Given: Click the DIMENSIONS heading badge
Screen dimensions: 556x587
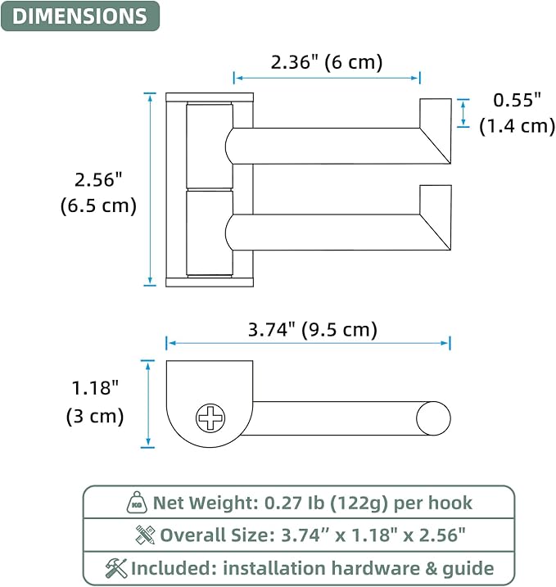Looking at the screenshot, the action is (80, 16).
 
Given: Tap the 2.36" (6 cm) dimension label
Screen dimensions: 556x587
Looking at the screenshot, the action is (327, 61).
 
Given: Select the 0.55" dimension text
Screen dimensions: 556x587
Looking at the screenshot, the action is (517, 100).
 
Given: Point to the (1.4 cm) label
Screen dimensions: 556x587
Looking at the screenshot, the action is (517, 126).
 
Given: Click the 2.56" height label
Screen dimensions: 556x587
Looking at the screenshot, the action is (98, 179).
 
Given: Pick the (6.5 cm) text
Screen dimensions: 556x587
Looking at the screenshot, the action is (98, 205).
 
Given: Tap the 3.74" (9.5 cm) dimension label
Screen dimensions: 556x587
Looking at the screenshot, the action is (313, 329).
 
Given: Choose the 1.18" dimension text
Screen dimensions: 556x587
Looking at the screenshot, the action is (95, 388).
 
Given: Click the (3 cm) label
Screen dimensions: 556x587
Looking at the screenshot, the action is (95, 416).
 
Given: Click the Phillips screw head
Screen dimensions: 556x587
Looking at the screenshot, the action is (210, 418).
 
